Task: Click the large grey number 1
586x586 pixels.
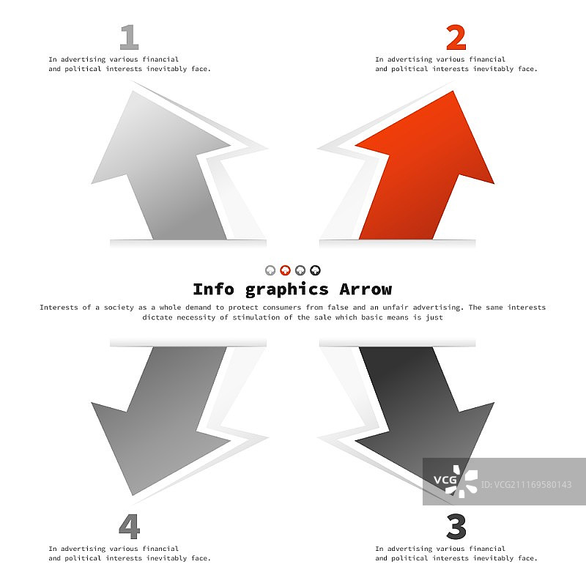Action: (x=130, y=37)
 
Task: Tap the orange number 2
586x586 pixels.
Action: (x=456, y=37)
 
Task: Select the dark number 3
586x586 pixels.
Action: (x=456, y=526)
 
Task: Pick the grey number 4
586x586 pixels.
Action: (x=130, y=526)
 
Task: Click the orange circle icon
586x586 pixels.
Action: (x=285, y=270)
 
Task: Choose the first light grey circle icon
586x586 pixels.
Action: (x=270, y=270)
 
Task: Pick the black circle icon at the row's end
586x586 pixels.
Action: (x=316, y=270)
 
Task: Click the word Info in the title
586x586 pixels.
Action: (x=213, y=289)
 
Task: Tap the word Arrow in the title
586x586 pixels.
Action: (x=366, y=289)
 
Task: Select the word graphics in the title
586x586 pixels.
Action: (x=286, y=290)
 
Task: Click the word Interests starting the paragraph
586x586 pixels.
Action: (x=59, y=307)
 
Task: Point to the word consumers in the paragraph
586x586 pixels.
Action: (x=282, y=307)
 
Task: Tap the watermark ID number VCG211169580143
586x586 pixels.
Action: (x=527, y=485)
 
